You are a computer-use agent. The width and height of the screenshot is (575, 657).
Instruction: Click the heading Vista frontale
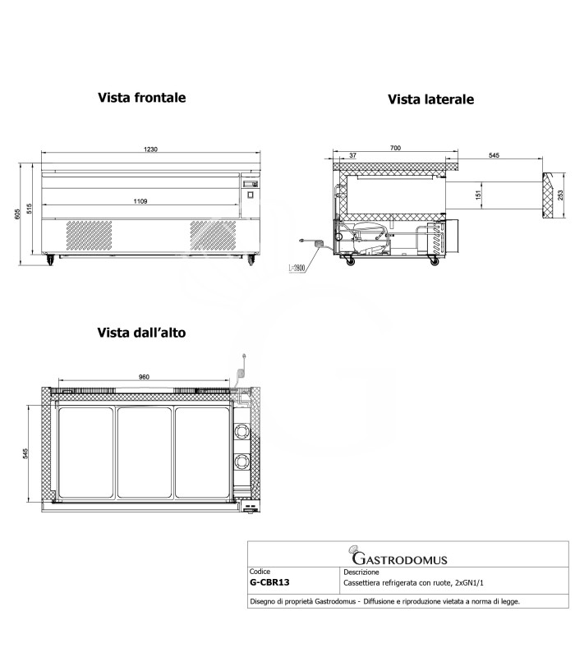142,97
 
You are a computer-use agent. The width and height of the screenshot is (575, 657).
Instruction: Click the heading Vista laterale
431,99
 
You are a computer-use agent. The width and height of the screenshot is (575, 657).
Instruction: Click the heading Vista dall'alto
142,333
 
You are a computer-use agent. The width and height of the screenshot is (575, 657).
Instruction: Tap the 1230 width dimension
147,150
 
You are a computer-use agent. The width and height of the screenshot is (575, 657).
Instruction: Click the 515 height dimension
30,209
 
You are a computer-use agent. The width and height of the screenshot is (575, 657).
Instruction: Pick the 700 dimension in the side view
394,148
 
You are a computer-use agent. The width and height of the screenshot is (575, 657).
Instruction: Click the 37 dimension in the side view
352,155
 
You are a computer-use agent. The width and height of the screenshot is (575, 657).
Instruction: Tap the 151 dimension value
478,195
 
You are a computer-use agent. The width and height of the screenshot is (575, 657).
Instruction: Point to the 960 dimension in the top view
143,378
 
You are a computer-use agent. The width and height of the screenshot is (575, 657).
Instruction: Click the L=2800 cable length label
298,268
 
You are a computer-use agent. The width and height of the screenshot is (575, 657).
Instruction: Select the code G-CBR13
269,582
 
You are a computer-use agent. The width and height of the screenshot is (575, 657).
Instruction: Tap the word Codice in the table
260,571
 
